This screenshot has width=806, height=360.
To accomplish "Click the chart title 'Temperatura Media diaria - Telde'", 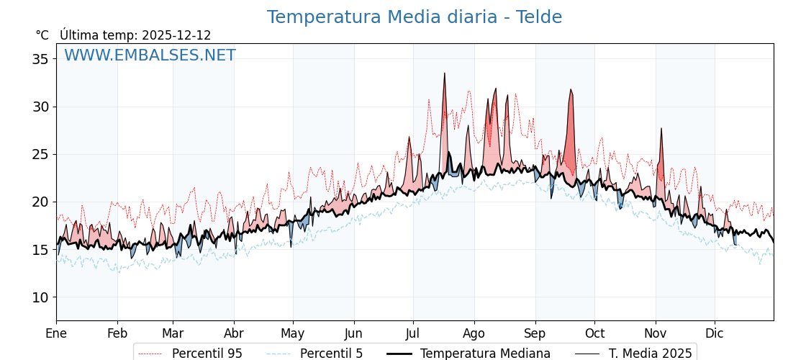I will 414,17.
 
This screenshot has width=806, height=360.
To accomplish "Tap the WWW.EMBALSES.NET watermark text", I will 150,55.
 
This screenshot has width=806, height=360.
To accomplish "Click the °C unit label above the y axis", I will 42,35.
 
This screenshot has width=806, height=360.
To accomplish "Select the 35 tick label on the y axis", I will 41,59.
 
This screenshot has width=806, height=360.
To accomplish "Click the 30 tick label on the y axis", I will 41,107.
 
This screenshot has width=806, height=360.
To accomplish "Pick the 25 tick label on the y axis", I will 41,154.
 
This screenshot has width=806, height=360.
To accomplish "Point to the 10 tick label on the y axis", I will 41,297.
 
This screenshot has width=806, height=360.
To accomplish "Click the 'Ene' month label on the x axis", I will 56,333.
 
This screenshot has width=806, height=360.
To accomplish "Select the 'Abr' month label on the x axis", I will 234,333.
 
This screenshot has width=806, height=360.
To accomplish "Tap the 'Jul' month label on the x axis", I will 413,333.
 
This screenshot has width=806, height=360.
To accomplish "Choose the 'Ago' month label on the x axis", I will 474,333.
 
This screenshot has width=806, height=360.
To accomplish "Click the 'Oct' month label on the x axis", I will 594,333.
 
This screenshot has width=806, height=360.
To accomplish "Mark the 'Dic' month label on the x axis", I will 715,333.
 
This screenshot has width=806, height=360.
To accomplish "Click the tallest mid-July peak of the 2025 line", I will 445,74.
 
